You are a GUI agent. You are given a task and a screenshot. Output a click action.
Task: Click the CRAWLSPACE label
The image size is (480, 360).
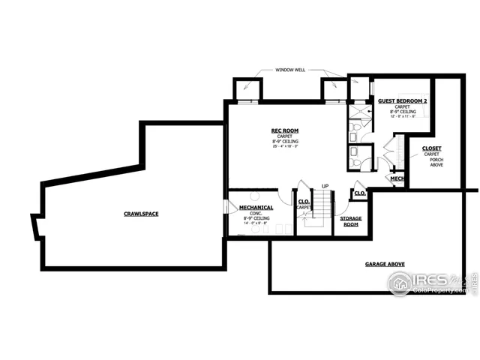141,214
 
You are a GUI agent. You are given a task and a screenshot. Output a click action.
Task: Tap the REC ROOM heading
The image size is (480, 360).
285,130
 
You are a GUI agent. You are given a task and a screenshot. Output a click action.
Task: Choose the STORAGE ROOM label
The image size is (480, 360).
351,221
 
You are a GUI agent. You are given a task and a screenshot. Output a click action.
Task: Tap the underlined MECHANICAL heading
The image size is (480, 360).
256,207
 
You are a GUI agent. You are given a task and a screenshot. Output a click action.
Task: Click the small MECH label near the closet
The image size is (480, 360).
397,179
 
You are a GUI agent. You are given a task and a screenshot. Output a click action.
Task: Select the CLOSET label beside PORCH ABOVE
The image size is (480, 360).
431,148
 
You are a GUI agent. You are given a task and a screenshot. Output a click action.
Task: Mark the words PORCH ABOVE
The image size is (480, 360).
436,163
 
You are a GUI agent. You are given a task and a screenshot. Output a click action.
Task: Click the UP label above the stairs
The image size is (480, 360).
325,186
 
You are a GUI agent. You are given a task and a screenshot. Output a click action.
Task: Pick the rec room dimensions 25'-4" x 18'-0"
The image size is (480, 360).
285,146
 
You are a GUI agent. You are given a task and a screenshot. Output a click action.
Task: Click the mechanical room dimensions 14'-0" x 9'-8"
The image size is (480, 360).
256,223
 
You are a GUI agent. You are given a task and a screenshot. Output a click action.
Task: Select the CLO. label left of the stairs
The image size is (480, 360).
304,202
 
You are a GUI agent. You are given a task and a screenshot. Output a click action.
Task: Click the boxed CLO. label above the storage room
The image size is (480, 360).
359,193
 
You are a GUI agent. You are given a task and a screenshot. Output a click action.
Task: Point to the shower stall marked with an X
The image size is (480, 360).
358,113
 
